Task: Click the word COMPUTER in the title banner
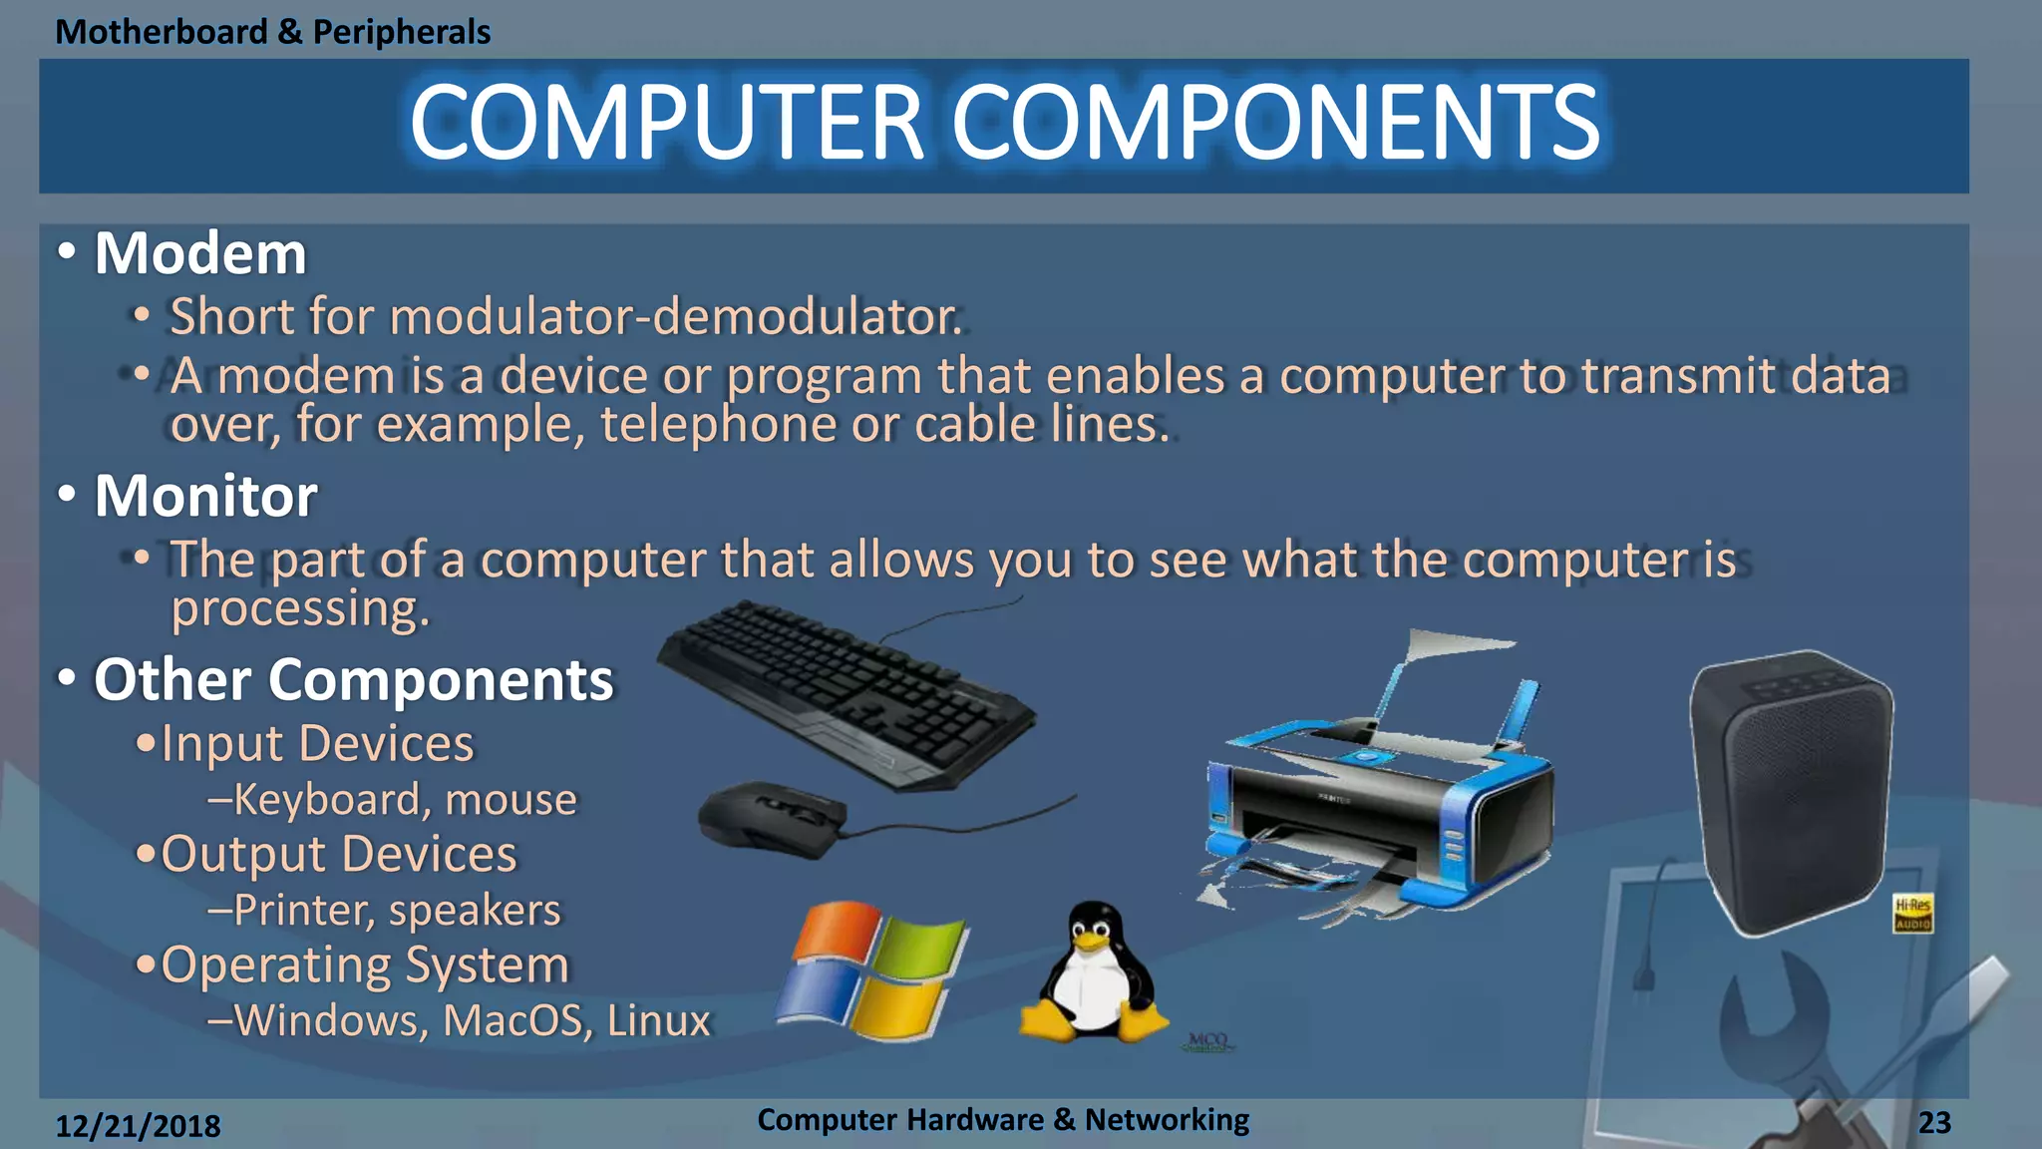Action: pyautogui.click(x=666, y=123)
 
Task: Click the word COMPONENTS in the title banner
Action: pyautogui.click(x=1275, y=123)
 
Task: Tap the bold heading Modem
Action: pyautogui.click(x=200, y=253)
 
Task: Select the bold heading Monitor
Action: pyautogui.click(x=206, y=496)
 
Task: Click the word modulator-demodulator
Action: pyautogui.click(x=675, y=317)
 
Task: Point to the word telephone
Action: pyautogui.click(x=717, y=425)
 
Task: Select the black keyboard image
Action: pyautogui.click(x=848, y=693)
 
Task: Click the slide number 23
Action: pyautogui.click(x=1934, y=1123)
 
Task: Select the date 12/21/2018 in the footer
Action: pyautogui.click(x=138, y=1126)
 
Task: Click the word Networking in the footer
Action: pyautogui.click(x=1167, y=1120)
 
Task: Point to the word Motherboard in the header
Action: pyautogui.click(x=161, y=32)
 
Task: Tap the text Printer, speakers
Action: pyautogui.click(x=397, y=911)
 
